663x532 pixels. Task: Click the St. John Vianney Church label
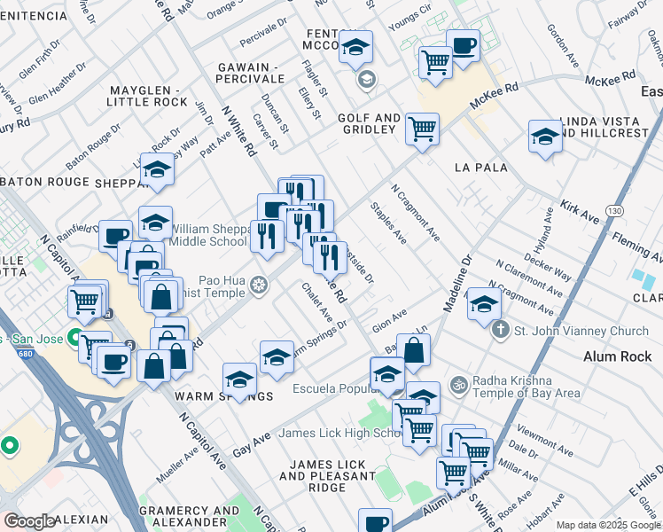coord(582,331)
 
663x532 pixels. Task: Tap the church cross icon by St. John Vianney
coord(501,331)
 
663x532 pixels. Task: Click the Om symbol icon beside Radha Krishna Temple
coord(458,386)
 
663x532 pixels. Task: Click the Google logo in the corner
coord(29,521)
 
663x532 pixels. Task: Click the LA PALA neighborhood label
coord(480,168)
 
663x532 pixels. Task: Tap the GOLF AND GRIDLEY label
coord(366,123)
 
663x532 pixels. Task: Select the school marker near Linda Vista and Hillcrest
coord(545,136)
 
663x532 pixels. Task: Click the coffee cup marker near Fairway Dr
coord(463,43)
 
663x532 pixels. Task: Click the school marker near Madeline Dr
coord(483,303)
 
